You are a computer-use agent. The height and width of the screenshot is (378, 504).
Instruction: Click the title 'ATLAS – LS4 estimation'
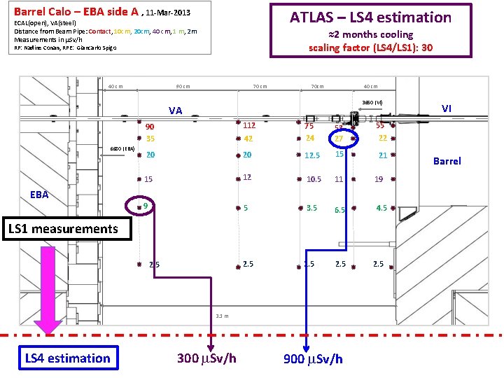click(x=370, y=17)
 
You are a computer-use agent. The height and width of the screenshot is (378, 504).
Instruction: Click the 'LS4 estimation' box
click(x=68, y=358)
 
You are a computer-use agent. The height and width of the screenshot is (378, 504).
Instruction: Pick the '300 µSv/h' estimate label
click(x=206, y=358)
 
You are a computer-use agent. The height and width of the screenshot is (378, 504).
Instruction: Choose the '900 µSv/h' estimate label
click(x=313, y=358)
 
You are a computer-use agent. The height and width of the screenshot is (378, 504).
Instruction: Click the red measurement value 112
click(x=248, y=126)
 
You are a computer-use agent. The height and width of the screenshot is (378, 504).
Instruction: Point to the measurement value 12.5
click(x=312, y=156)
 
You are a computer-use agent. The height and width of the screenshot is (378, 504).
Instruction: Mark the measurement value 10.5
click(x=314, y=180)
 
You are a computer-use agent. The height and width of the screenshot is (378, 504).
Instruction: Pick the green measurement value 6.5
click(x=339, y=210)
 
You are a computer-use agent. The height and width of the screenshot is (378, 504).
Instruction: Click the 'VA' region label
click(x=175, y=111)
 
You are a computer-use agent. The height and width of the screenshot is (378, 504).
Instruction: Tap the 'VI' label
click(x=447, y=108)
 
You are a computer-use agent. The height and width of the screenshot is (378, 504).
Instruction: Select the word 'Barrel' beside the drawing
click(x=447, y=161)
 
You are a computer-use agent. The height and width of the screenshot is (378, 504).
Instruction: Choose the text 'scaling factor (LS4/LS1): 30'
click(x=371, y=48)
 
